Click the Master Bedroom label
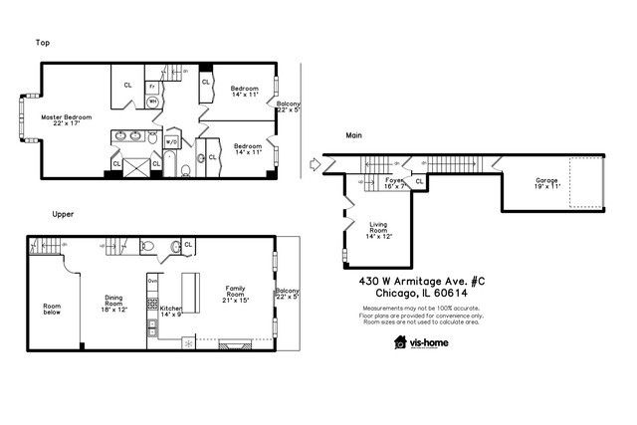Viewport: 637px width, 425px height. [66, 120]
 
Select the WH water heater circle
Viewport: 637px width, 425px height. [153, 102]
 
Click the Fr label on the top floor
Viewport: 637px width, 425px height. [152, 87]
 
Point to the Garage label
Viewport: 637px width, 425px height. [520, 183]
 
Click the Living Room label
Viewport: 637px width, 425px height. [377, 229]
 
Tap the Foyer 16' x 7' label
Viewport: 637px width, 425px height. [395, 183]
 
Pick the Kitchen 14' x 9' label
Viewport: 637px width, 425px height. [171, 312]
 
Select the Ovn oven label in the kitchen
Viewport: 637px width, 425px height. [152, 282]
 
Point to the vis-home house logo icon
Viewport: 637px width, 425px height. [400, 343]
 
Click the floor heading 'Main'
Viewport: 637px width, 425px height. [353, 134]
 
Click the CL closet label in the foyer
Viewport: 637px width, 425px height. [419, 182]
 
